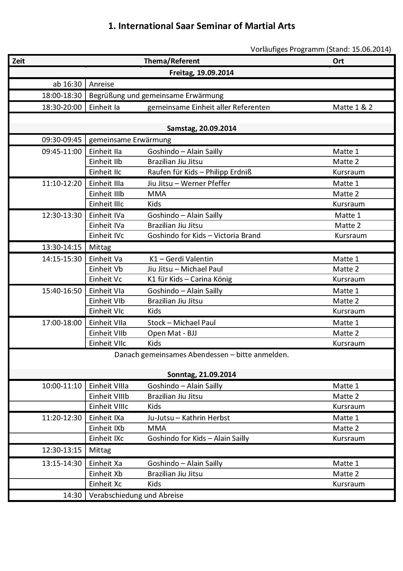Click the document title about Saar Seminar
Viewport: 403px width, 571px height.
201,26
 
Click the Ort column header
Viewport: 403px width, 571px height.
338,61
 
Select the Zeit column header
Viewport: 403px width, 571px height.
19,61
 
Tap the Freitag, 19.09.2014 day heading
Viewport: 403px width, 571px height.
201,73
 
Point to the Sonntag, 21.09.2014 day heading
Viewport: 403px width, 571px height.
201,374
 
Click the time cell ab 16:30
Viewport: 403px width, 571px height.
67,84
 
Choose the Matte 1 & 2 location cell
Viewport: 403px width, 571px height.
353,107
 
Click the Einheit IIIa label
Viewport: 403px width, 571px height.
106,183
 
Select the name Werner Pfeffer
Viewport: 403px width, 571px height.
205,183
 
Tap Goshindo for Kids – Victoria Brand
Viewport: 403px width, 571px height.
204,235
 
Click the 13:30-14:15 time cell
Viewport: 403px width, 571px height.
62,247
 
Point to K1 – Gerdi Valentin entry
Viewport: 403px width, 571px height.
181,259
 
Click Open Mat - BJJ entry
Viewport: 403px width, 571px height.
172,333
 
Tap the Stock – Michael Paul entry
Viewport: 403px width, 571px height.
181,323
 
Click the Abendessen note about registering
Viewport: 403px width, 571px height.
201,355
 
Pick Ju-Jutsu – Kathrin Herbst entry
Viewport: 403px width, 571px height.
188,418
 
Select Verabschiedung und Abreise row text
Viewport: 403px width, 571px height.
136,495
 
